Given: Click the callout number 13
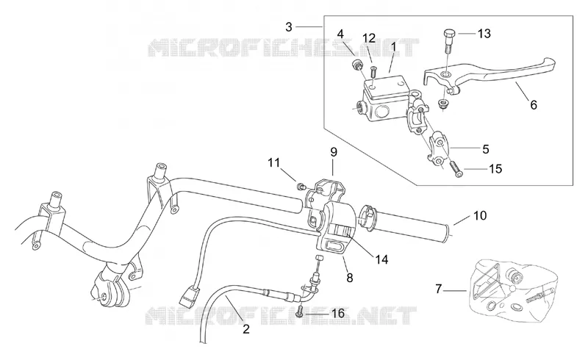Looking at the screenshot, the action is [484, 33].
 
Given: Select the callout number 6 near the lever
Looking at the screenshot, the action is [534, 104].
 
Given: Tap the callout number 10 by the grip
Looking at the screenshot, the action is [480, 215].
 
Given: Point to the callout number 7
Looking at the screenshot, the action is [438, 289].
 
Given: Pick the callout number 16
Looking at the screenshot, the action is [338, 313].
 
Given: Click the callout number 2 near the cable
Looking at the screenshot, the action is [246, 329].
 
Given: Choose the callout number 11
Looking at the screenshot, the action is [273, 163].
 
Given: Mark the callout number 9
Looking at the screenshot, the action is [334, 152].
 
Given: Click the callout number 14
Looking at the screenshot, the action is [381, 259].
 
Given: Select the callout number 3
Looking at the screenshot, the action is [288, 27].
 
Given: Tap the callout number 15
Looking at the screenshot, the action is [495, 169].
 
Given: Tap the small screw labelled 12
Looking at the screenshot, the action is [373, 71].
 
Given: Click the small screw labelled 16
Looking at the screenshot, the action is [300, 311].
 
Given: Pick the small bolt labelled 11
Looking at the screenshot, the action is [300, 185].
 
